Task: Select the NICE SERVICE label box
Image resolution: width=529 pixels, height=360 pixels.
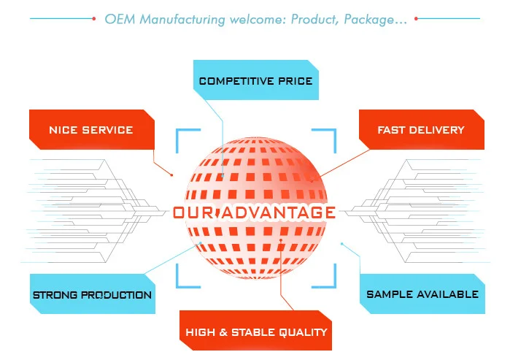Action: tap(91, 130)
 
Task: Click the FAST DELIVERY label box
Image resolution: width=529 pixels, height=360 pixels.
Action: tap(420, 130)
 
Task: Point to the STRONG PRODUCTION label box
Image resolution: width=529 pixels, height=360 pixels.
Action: tap(92, 295)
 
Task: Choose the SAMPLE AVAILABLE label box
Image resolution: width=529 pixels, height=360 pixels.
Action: tap(422, 294)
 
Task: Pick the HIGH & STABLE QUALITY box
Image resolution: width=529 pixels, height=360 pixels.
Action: tap(256, 332)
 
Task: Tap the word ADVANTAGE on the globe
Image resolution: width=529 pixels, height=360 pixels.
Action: tap(277, 213)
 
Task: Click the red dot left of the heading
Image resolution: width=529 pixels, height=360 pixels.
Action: tap(94, 19)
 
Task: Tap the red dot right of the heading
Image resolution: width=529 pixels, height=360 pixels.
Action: tap(416, 19)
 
